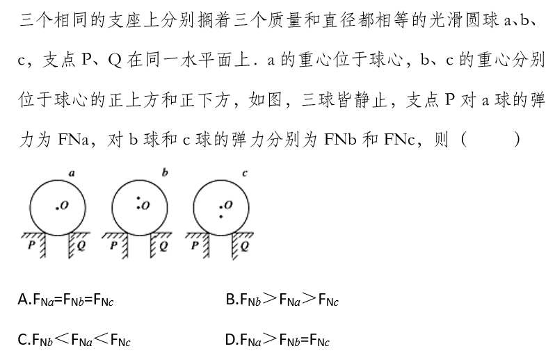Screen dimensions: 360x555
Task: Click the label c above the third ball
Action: pyautogui.click(x=245, y=172)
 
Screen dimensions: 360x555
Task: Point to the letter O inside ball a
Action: pyautogui.click(x=65, y=206)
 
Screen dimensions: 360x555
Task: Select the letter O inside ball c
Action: pyautogui.click(x=228, y=204)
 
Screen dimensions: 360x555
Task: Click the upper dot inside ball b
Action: pyautogui.click(x=139, y=199)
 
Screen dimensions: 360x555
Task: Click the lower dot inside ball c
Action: pyautogui.click(x=221, y=216)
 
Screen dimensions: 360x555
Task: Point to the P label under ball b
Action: pyautogui.click(x=114, y=245)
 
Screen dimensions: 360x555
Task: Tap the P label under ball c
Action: pyautogui.click(x=195, y=245)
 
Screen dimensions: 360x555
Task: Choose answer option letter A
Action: pyautogui.click(x=22, y=300)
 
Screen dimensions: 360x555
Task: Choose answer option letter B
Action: pyautogui.click(x=231, y=300)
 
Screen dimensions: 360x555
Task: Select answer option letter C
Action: pyautogui.click(x=22, y=340)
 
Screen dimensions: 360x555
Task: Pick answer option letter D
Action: pyautogui.click(x=231, y=340)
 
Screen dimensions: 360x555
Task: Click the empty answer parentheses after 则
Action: pyautogui.click(x=491, y=139)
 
